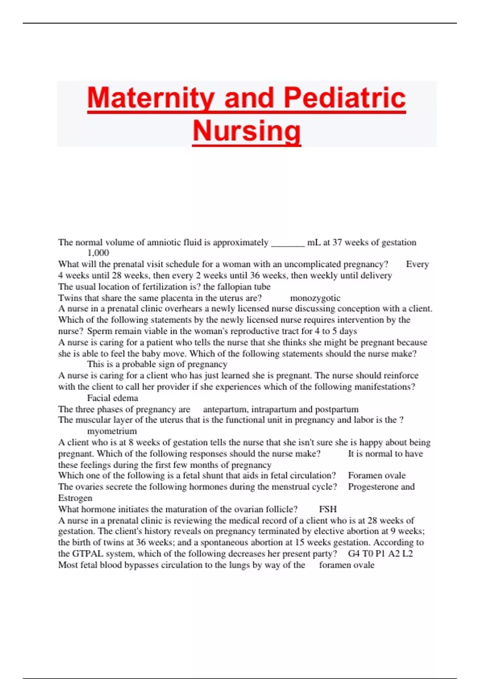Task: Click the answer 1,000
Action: click(98, 253)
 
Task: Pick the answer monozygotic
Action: click(315, 298)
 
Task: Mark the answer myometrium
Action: click(112, 431)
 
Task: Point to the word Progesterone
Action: click(373, 487)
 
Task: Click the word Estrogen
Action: click(75, 498)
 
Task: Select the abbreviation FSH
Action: click(328, 509)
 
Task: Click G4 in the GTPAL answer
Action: click(354, 554)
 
